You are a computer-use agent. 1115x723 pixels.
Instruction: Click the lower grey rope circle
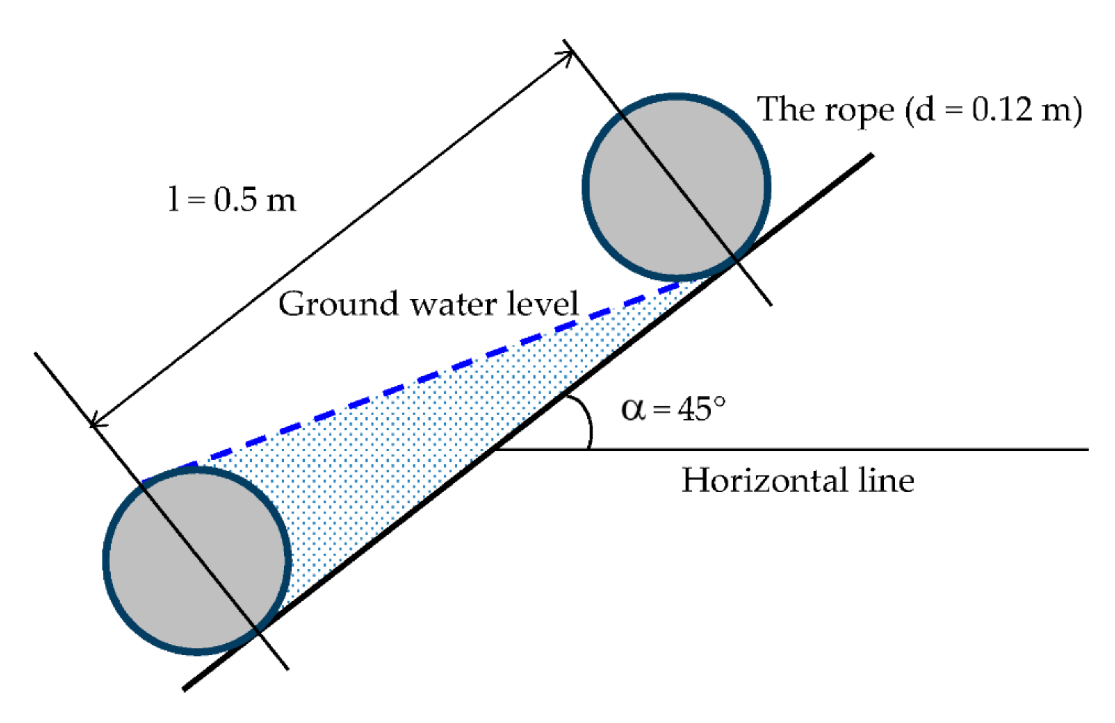[197, 560]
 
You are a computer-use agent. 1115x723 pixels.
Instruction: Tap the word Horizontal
[765, 481]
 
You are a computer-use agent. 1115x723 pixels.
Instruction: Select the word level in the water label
[543, 304]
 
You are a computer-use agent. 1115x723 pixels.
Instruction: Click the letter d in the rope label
[926, 111]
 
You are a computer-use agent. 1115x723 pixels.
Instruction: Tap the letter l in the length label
[173, 199]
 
